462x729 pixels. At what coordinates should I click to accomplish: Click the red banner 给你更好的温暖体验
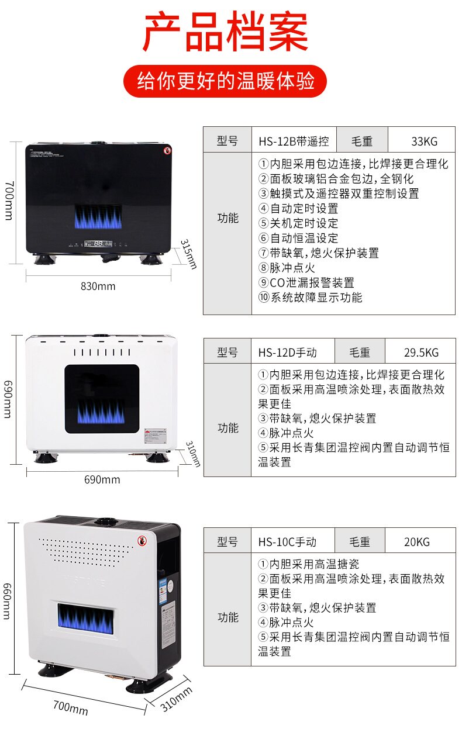[x=225, y=81]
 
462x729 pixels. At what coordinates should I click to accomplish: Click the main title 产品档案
[x=225, y=32]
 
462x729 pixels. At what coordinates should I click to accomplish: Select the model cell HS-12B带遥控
[x=294, y=141]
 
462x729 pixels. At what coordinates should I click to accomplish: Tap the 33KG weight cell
[x=424, y=141]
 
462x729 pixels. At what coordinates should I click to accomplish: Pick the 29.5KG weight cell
[x=420, y=352]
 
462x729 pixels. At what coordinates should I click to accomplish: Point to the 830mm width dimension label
[x=98, y=286]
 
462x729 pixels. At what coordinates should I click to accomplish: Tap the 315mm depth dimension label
[x=188, y=254]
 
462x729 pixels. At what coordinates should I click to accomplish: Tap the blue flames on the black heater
[x=98, y=217]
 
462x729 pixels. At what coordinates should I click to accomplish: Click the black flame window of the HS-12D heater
[x=102, y=399]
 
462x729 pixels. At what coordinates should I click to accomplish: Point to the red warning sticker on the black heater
[x=167, y=151]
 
